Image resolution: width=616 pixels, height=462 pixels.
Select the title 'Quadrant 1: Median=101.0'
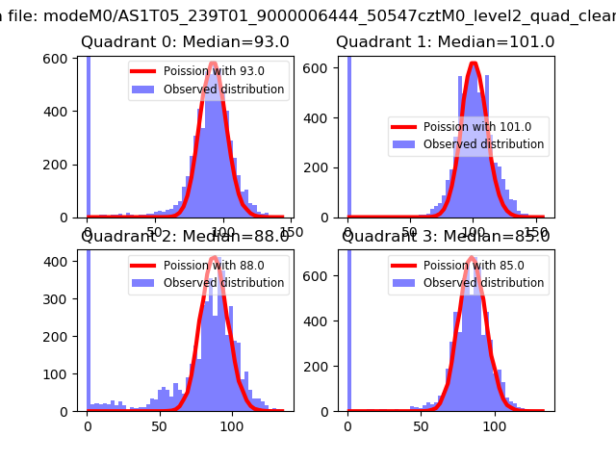pos(445,42)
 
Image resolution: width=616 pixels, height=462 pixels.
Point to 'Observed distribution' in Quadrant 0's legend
pos(223,90)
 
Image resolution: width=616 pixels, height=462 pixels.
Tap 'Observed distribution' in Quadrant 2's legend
pos(223,283)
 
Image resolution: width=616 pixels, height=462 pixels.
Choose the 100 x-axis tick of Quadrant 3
pos(495,424)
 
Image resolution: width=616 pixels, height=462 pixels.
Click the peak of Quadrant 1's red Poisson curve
pos(473,64)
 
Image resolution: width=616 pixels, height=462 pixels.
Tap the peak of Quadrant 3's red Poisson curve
pos(472,257)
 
